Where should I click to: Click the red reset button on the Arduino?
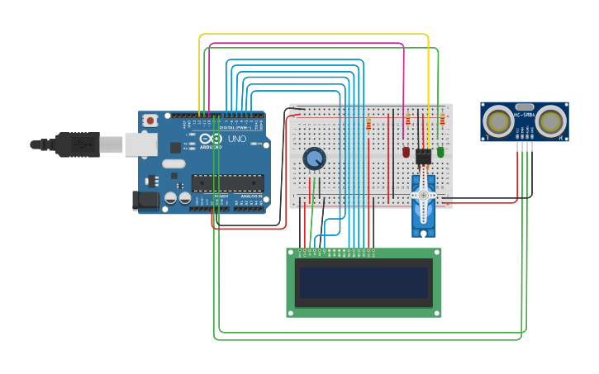[x=150, y=121]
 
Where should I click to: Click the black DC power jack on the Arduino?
[x=146, y=200]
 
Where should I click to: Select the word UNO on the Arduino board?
[x=237, y=140]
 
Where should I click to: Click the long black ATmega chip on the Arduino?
[x=228, y=182]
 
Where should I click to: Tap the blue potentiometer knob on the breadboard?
[x=314, y=157]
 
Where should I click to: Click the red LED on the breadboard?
[x=406, y=152]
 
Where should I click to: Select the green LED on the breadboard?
[x=440, y=152]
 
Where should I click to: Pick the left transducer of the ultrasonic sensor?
[x=499, y=121]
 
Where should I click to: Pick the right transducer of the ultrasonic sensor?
[x=550, y=121]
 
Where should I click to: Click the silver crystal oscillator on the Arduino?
[x=174, y=163]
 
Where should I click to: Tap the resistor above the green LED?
[x=442, y=121]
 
